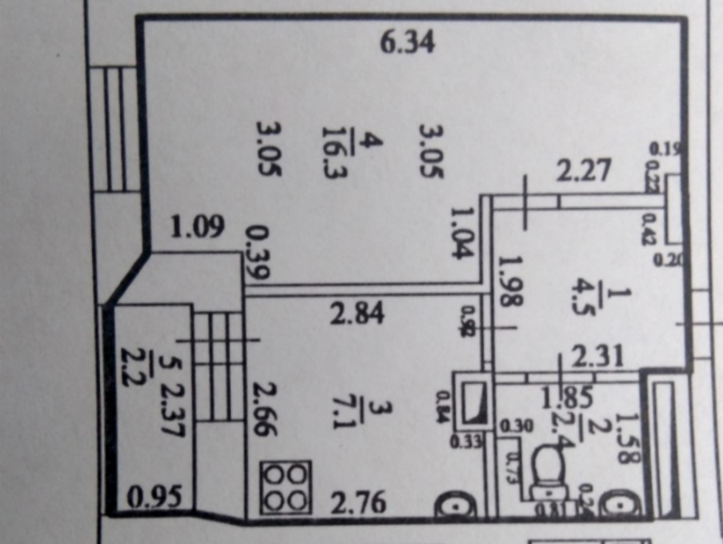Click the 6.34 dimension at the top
coord(407,42)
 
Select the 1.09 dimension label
coord(196,229)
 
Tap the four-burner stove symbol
coord(286,487)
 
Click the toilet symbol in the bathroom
coord(550,471)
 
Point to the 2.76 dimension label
coord(360,503)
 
